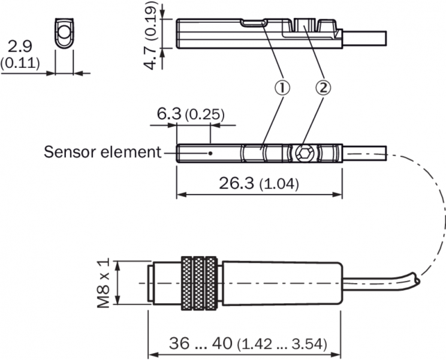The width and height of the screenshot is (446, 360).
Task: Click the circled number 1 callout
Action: coord(282,88)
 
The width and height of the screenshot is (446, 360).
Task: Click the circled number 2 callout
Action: coord(323,88)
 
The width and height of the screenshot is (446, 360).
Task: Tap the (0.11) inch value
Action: coord(20,62)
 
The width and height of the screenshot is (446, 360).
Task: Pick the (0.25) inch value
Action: coord(204,114)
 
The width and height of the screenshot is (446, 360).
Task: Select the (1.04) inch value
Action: coord(279,184)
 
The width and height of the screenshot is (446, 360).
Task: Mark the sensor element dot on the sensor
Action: coord(211,153)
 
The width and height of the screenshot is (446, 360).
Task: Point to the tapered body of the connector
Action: coord(279,282)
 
